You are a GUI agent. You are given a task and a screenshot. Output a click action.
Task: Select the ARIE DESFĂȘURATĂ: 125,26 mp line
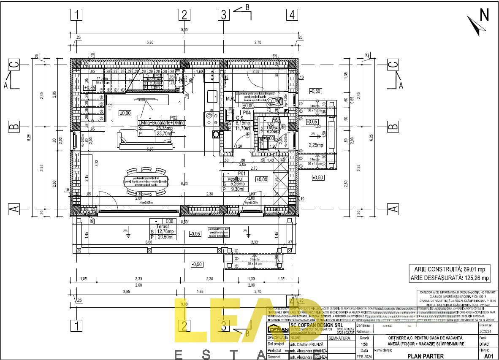click(450, 278)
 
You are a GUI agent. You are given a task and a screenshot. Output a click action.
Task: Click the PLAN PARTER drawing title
click(413, 356)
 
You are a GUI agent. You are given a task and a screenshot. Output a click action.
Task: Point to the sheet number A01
click(488, 356)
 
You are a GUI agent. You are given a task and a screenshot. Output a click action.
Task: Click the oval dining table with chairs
click(146, 182)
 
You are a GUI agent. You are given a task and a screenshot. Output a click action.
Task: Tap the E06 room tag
click(169, 221)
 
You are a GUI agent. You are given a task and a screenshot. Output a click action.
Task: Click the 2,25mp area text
click(316, 145)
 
